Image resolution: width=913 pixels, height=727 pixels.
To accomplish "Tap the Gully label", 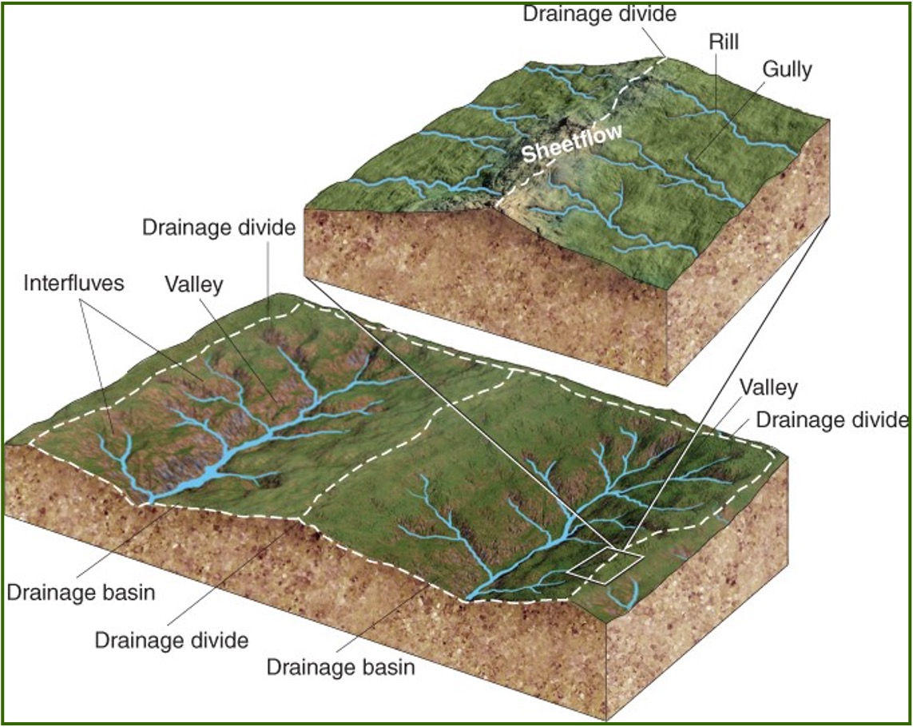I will pyautogui.click(x=786, y=70).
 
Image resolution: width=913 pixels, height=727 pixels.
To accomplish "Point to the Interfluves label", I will pyautogui.click(x=73, y=283).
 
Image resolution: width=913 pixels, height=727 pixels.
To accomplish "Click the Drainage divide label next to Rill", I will pyautogui.click(x=599, y=14).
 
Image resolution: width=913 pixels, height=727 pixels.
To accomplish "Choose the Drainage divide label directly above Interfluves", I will pyautogui.click(x=219, y=228).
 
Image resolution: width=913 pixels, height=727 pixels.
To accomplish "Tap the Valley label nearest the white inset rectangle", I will pyautogui.click(x=768, y=388).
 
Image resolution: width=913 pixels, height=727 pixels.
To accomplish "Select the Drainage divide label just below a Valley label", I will pyautogui.click(x=831, y=419).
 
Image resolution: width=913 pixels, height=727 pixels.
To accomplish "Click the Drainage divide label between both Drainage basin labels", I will pyautogui.click(x=171, y=640).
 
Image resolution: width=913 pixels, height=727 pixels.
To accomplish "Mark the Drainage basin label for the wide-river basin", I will pyautogui.click(x=80, y=593).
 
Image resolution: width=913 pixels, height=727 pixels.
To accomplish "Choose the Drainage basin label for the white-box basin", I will pyautogui.click(x=341, y=666).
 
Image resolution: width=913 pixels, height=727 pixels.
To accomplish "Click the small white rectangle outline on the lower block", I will pyautogui.click(x=604, y=565).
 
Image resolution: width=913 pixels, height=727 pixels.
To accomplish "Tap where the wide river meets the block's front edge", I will pyautogui.click(x=147, y=501).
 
